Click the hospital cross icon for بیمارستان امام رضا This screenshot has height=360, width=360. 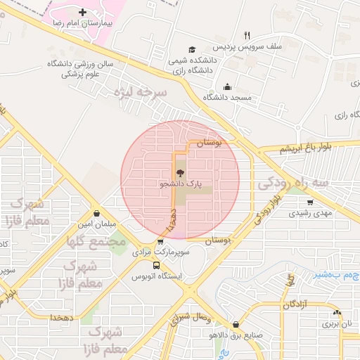point(83,12)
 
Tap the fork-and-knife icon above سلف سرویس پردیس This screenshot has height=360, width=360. point(247,34)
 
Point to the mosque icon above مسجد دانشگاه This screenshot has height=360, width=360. point(226,87)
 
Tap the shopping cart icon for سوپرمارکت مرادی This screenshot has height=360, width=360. point(161,242)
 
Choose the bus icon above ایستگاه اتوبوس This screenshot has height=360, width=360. point(156,266)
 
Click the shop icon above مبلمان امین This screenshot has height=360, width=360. point(96,214)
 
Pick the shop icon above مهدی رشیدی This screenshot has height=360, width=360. point(310,201)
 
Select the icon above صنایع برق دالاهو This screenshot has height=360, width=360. point(235,325)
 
